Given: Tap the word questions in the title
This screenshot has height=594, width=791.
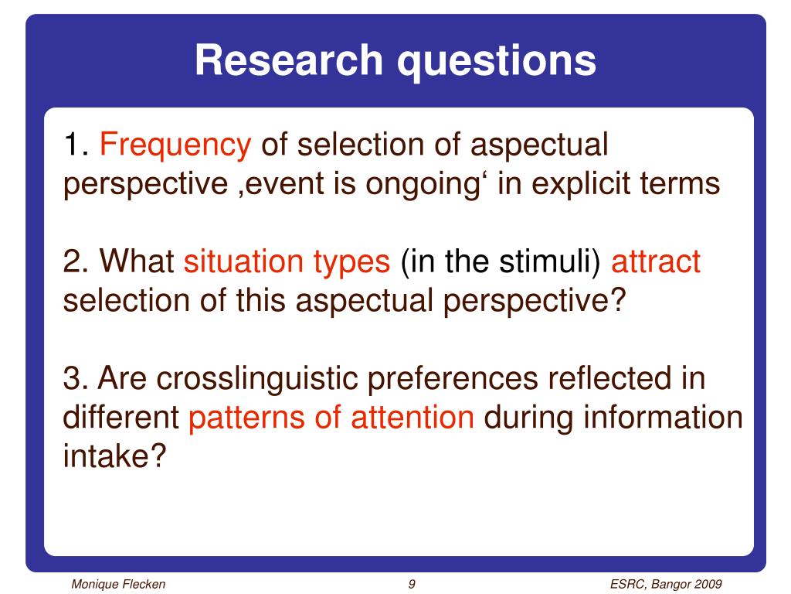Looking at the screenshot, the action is pos(497,63).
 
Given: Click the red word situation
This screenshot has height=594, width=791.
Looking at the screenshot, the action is pos(243,261).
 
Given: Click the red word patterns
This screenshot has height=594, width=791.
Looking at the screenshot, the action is pos(246,419).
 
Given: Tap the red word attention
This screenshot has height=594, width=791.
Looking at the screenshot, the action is pos(412,418).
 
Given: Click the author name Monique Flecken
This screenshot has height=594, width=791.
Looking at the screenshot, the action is pos(118,585).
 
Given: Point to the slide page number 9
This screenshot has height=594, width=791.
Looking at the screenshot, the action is pos(412,585).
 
